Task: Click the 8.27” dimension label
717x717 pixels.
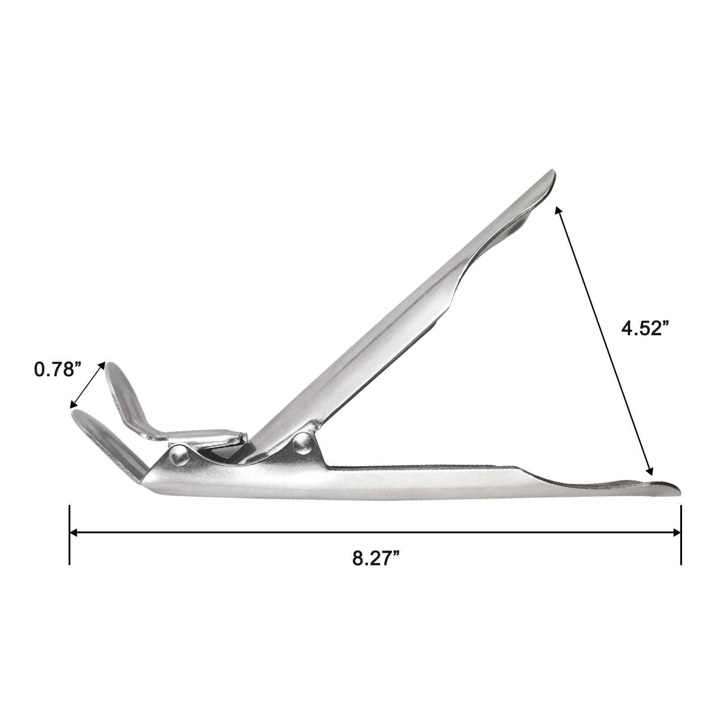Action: tap(376, 559)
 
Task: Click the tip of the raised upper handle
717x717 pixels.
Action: tap(553, 171)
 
